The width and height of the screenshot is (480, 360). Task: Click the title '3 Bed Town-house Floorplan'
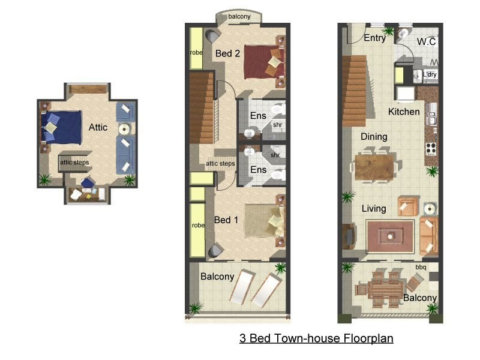316,338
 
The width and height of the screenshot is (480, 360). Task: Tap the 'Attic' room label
98,127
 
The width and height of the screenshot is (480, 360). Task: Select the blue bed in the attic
62,128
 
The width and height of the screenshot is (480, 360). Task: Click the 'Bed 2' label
227,53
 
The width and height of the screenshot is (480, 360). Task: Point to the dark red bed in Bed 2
263,61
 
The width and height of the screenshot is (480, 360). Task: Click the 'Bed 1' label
226,220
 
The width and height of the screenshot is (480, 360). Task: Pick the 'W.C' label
426,41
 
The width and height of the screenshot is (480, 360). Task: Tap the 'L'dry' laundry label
430,74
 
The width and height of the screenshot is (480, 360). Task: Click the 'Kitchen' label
404,112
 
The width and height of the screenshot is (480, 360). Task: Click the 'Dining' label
374,137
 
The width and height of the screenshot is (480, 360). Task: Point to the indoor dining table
376,167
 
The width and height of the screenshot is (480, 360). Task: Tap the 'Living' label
373,209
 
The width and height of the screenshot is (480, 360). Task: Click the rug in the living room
390,236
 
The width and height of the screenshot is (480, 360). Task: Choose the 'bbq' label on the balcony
421,267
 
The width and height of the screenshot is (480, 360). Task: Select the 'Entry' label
375,38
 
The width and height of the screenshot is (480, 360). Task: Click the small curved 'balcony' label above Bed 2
239,17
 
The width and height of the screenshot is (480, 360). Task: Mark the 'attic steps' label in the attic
74,163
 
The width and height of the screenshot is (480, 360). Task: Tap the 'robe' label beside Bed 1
197,226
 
